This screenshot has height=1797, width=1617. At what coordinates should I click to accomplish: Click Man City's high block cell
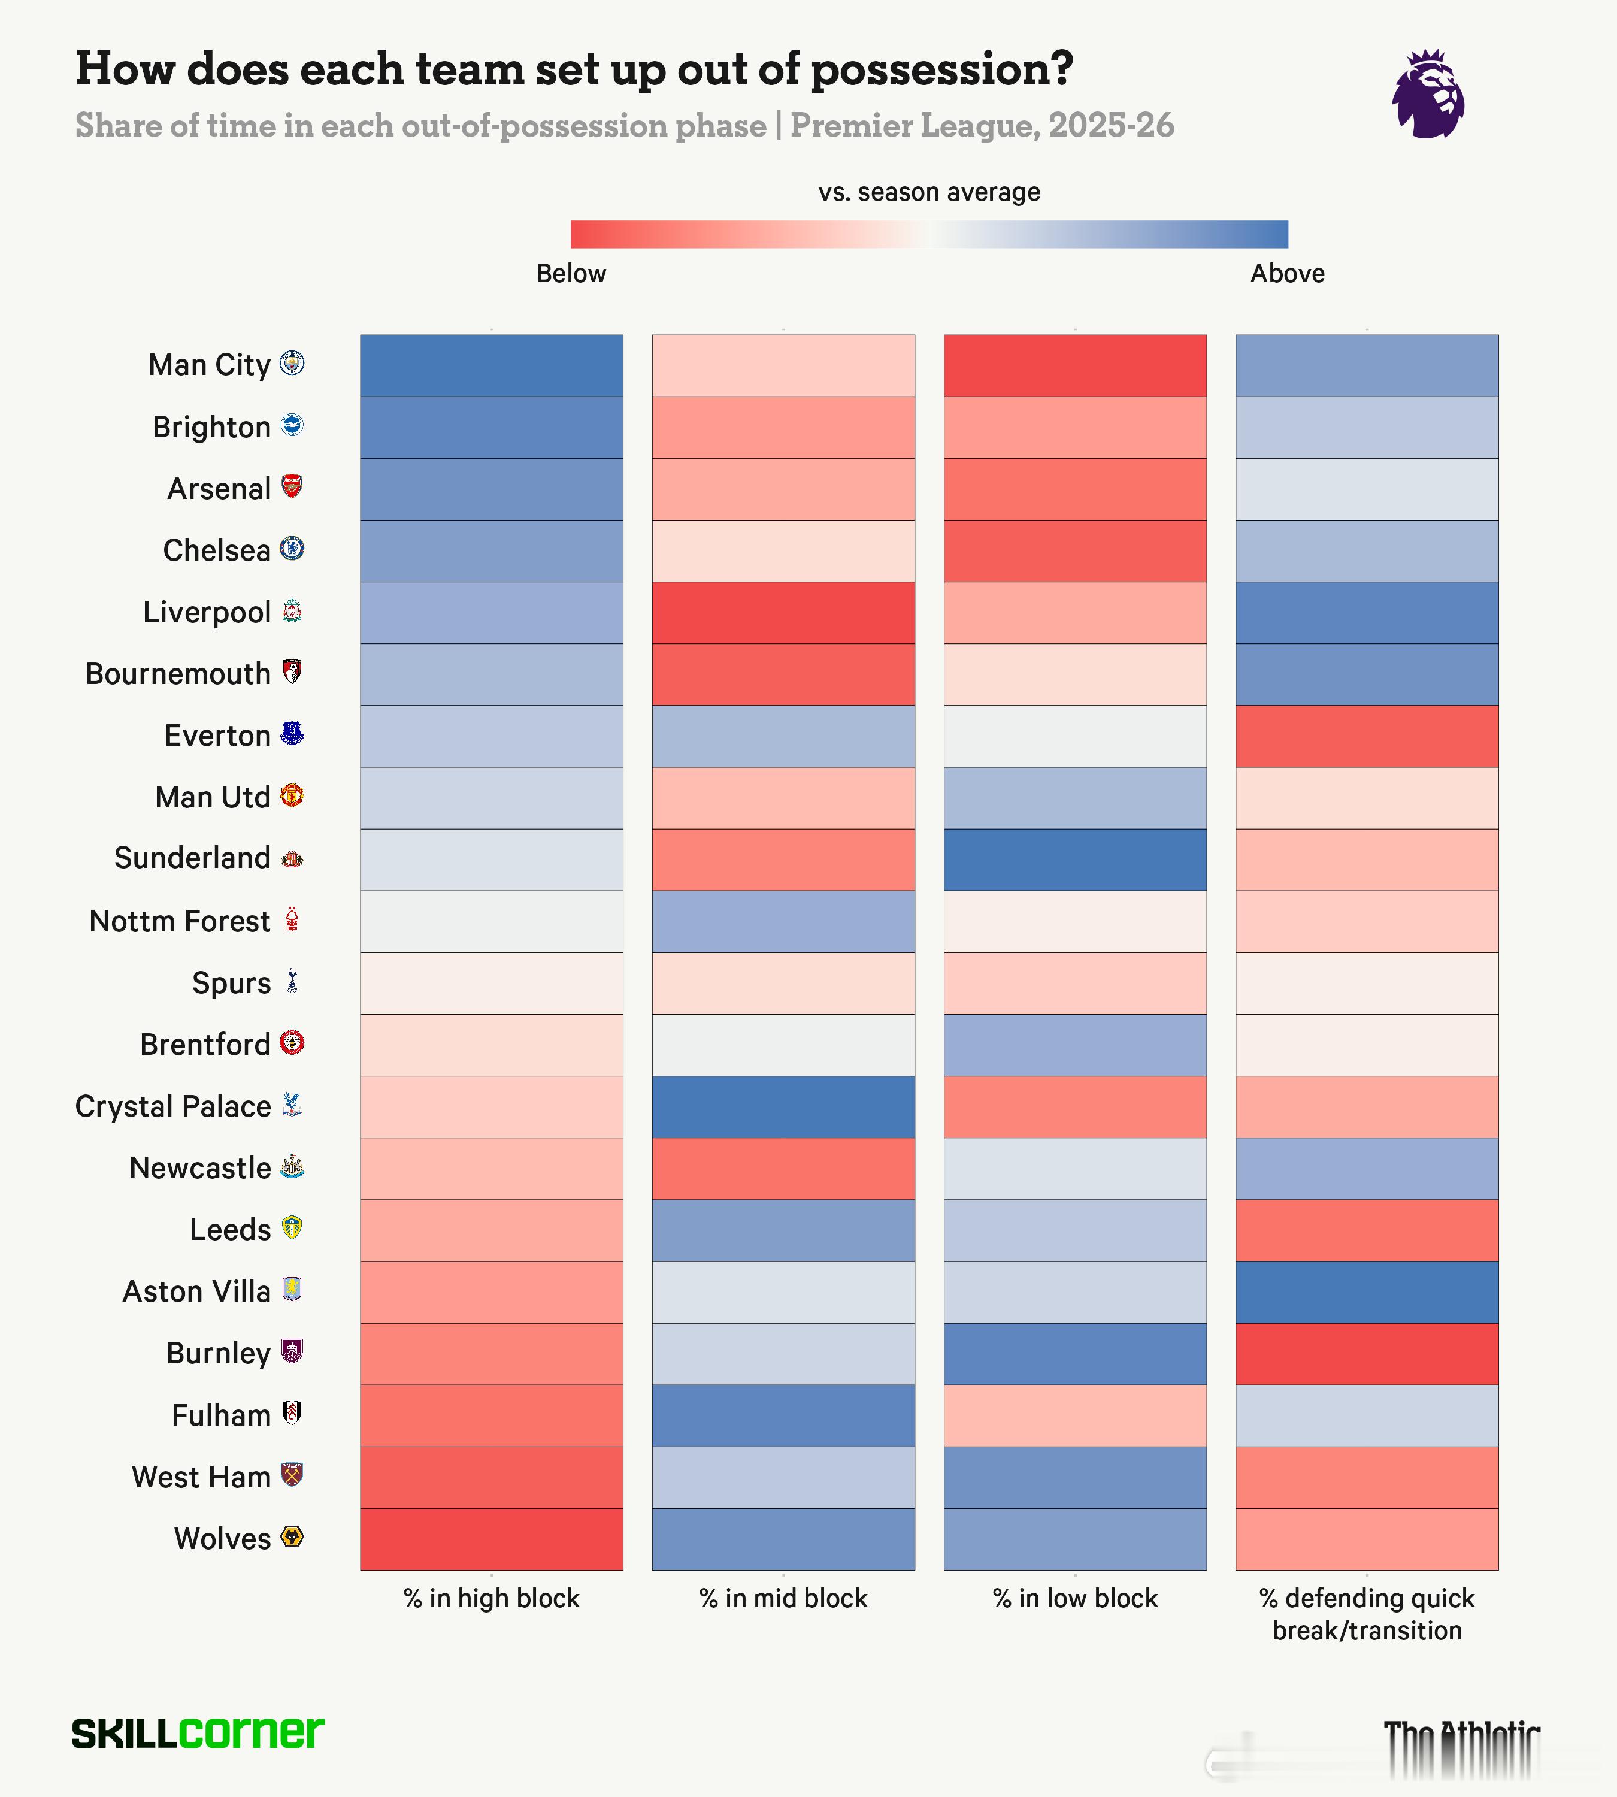click(x=491, y=365)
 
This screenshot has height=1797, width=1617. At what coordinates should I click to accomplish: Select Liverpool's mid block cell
click(x=783, y=612)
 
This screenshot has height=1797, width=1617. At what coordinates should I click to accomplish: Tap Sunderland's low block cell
click(x=1074, y=860)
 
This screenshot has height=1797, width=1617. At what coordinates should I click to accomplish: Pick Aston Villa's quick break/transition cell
click(x=1367, y=1292)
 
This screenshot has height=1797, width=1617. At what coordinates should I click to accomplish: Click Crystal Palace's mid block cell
click(x=783, y=1106)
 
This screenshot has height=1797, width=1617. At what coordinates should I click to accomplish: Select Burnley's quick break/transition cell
click(x=1367, y=1354)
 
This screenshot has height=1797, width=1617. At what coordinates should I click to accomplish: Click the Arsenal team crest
click(x=292, y=487)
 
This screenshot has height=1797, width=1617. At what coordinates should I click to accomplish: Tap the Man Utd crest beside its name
click(x=292, y=795)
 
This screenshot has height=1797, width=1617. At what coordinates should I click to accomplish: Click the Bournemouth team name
click(x=178, y=674)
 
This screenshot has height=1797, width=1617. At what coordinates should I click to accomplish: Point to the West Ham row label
click(x=201, y=1477)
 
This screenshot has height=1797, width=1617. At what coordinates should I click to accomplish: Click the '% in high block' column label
click(x=491, y=1599)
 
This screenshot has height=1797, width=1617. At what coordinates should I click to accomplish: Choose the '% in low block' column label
click(x=1075, y=1599)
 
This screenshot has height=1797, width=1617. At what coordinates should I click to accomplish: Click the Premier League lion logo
click(x=1428, y=94)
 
